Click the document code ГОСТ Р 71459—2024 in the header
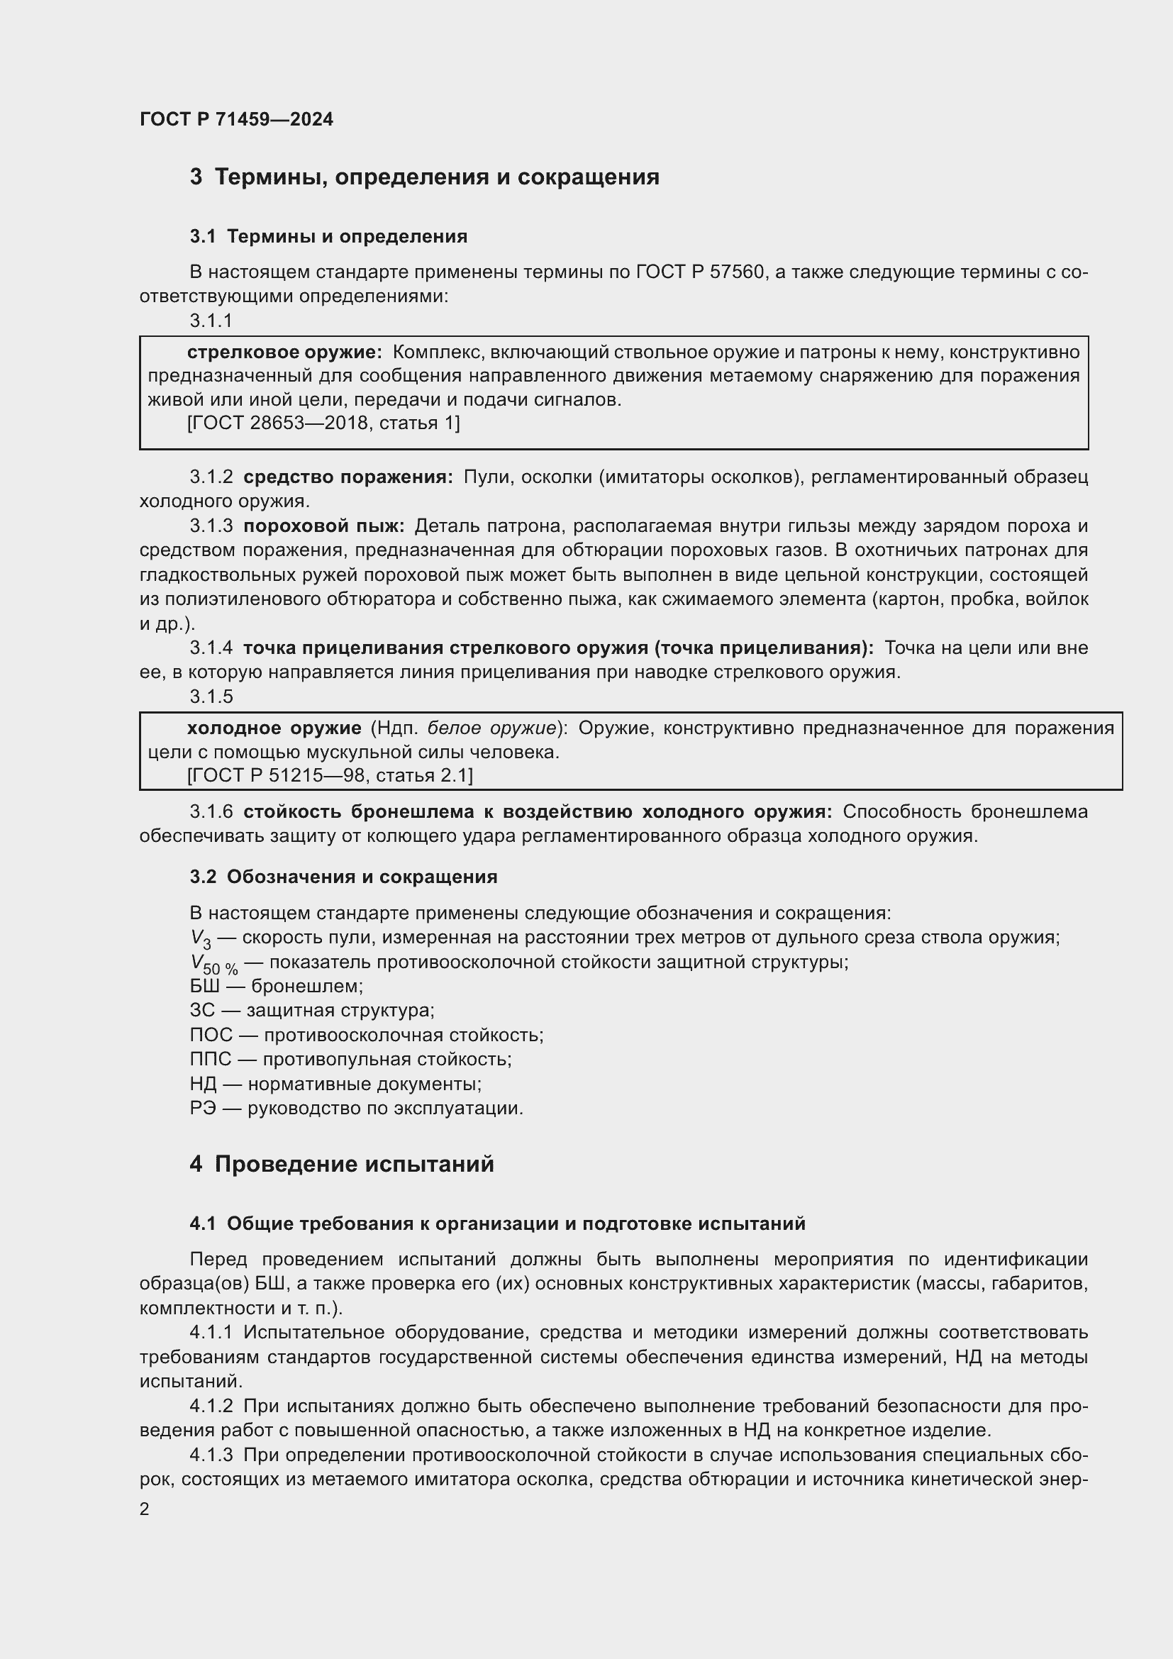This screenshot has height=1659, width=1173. coord(236,119)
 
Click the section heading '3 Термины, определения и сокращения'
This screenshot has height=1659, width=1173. coord(424,177)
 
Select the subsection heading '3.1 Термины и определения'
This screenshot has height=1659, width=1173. coord(328,236)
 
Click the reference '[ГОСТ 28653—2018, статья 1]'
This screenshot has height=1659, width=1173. coord(323,423)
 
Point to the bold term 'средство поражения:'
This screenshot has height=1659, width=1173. coord(348,477)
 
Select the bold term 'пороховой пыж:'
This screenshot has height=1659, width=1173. coord(323,526)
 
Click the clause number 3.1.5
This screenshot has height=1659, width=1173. coord(211,697)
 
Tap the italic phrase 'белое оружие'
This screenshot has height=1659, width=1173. coord(491,728)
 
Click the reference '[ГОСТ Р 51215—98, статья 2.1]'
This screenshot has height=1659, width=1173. coord(329,775)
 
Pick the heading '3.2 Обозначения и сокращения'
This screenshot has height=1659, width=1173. coord(343,877)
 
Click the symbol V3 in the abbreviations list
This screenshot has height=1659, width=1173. coord(200,939)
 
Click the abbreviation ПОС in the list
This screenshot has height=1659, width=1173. coord(211,1035)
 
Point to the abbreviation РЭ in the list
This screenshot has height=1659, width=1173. coord(203,1108)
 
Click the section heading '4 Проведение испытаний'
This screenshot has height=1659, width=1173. coord(342,1164)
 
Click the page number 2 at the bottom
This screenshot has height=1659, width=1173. coord(145,1509)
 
